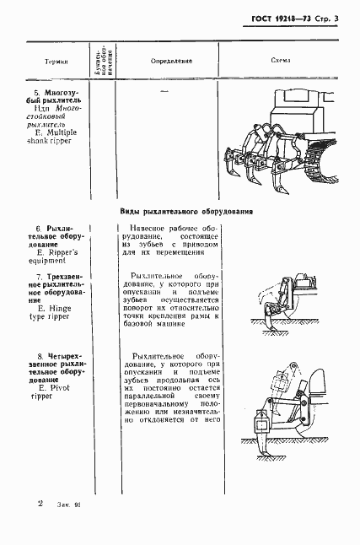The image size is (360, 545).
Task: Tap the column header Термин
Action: [x=56, y=62]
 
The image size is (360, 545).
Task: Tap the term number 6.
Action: [x=38, y=229]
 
